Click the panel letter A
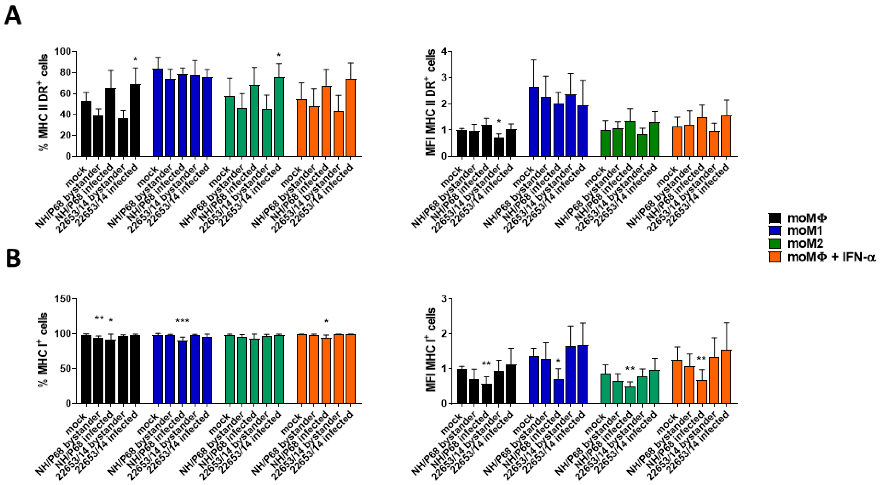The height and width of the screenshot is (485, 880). (x=13, y=16)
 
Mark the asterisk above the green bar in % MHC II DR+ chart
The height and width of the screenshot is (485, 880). (x=279, y=55)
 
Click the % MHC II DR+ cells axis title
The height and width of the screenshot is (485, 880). (x=44, y=103)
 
